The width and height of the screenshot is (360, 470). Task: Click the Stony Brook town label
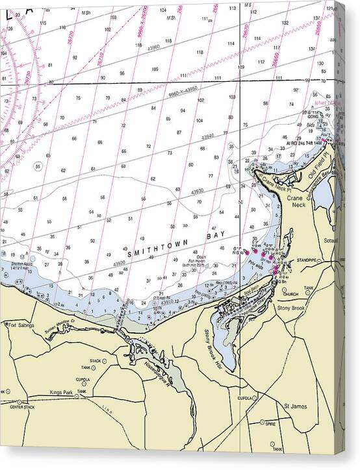[290, 308]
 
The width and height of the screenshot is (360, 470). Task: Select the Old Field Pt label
[320, 171]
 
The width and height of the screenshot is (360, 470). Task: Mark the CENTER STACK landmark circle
[20, 402]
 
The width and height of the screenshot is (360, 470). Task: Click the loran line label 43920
[120, 264]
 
